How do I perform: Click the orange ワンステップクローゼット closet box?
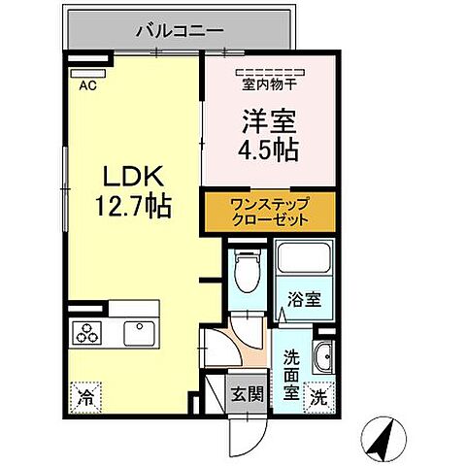[x=269, y=213]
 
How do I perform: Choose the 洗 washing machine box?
[x=318, y=396]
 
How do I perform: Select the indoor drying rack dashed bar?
[x=268, y=70]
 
